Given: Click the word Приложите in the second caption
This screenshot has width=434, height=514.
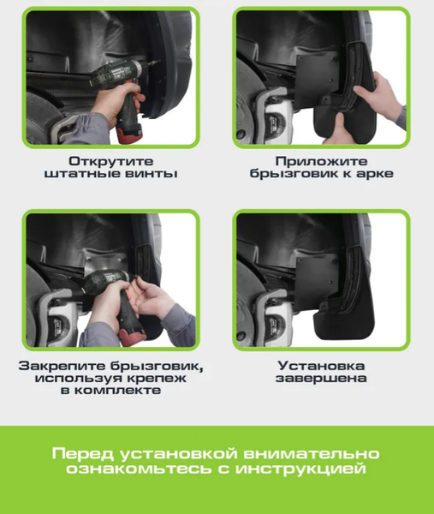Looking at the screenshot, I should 321,160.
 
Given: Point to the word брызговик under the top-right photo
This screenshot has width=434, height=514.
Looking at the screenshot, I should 285,174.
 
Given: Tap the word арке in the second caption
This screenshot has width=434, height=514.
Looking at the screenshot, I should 373,174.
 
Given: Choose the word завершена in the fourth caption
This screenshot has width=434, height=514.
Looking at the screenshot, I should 321,378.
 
